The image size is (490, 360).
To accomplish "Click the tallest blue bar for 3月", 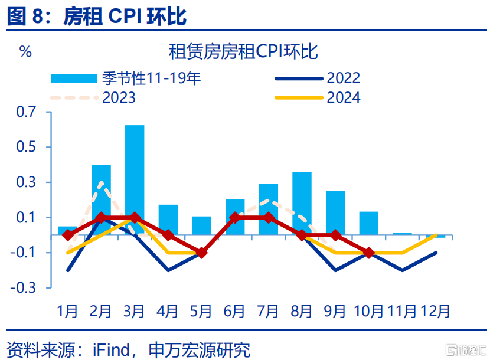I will pyautogui.click(x=135, y=180).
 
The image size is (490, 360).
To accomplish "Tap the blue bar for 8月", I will pyautogui.click(x=302, y=203).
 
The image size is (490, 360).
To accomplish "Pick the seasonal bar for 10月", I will pyautogui.click(x=369, y=223).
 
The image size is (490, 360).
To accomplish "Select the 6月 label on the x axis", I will pyautogui.click(x=234, y=310).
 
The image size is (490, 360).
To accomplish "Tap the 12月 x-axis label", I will pyautogui.click(x=436, y=310).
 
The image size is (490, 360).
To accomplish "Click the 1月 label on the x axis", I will pyautogui.click(x=67, y=310).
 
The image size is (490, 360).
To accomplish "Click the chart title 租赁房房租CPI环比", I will pyautogui.click(x=243, y=52).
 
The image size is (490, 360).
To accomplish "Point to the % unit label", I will pyautogui.click(x=25, y=51).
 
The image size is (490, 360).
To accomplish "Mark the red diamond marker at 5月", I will pyautogui.click(x=201, y=253).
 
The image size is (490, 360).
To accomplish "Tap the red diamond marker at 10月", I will pyautogui.click(x=369, y=253).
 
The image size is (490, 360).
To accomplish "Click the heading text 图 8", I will pyautogui.click(x=25, y=16).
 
